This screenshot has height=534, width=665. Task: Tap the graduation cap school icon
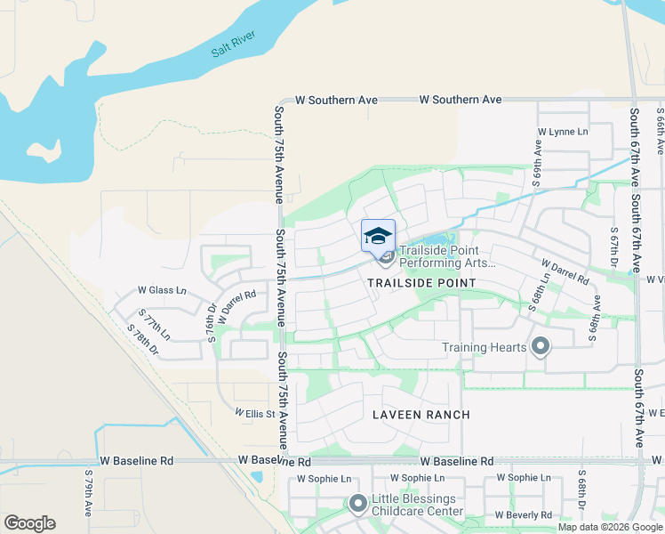(x=378, y=236)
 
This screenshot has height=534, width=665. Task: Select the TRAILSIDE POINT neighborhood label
(x=421, y=282)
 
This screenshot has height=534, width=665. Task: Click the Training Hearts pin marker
(x=540, y=347)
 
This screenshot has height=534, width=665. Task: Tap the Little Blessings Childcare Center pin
(x=358, y=505)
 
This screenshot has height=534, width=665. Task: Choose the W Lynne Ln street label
(x=563, y=132)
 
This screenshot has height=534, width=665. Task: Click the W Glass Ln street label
(x=162, y=290)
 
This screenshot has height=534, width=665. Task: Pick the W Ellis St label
(x=255, y=413)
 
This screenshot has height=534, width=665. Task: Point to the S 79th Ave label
(x=89, y=495)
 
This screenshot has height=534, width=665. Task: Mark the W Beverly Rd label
(x=523, y=515)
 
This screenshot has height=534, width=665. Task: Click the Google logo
(x=29, y=523)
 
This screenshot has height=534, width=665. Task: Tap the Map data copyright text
(x=610, y=527)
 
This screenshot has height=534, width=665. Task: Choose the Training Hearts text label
(x=489, y=347)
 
